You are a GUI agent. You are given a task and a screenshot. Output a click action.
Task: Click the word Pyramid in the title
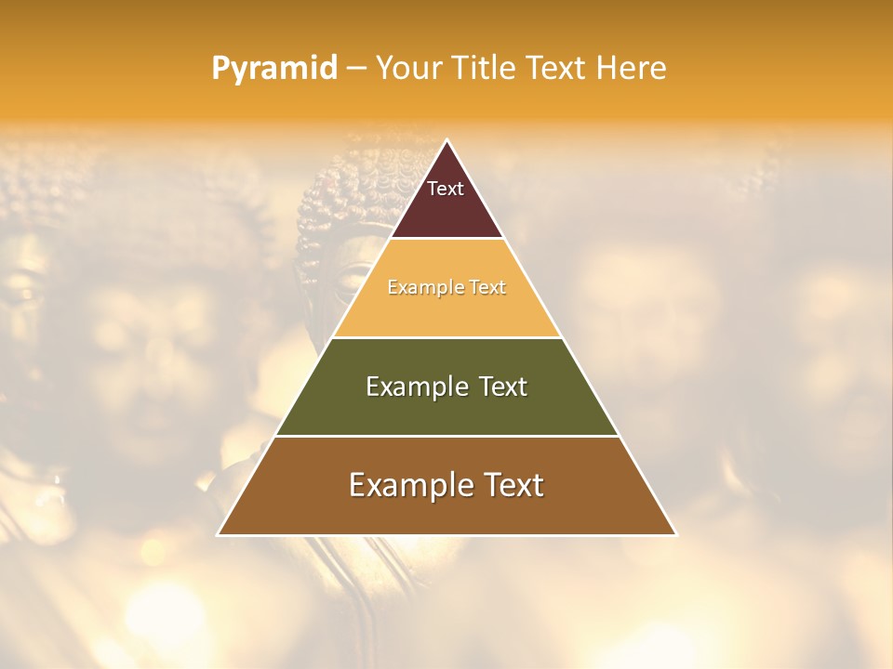(273, 68)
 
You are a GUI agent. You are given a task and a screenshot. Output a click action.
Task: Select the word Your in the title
(407, 68)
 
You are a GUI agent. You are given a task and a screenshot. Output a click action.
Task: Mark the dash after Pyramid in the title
(356, 69)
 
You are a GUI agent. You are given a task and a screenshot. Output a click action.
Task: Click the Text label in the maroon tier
(446, 189)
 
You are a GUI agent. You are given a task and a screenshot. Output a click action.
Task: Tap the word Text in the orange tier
(487, 287)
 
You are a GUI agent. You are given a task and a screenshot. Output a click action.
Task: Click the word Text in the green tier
(500, 387)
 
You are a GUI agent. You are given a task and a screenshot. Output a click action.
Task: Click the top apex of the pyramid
(447, 140)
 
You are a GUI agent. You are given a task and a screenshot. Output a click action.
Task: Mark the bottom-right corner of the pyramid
(675, 534)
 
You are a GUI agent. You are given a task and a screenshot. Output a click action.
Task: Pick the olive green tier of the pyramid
(446, 413)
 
